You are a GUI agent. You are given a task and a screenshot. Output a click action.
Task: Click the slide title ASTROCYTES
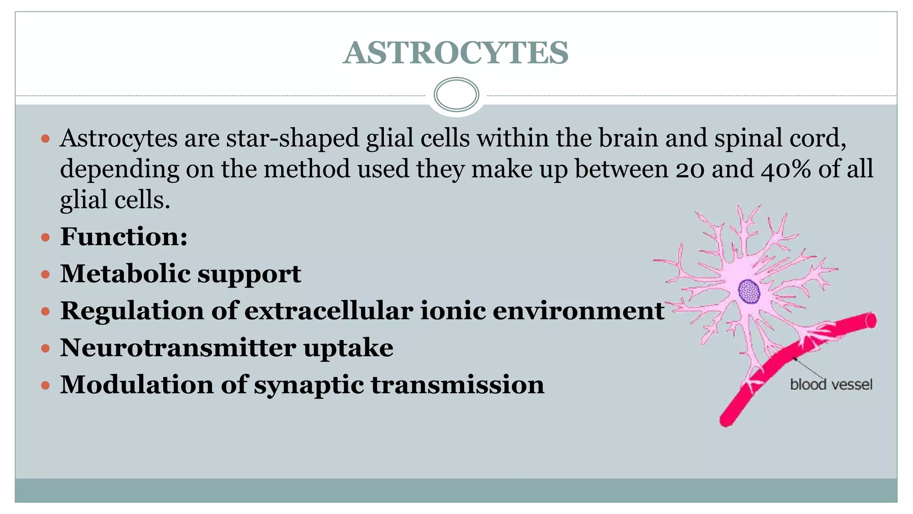tap(456, 53)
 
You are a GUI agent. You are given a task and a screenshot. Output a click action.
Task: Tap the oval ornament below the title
tap(456, 95)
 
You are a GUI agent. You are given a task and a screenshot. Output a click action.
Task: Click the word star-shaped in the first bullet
tap(292, 138)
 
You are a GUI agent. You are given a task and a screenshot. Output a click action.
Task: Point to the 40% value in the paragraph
tap(786, 169)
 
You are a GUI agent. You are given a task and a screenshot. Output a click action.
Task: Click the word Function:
tap(124, 236)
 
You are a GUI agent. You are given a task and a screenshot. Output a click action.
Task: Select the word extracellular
tap(329, 311)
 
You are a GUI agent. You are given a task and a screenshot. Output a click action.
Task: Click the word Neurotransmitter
tap(178, 348)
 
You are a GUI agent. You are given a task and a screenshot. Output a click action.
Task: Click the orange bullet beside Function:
tap(45, 237)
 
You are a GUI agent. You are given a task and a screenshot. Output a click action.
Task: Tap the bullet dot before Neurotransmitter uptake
tap(45, 348)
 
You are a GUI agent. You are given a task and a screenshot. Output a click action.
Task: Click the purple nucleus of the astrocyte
tap(749, 291)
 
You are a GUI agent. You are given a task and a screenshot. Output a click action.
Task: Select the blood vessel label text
tap(831, 384)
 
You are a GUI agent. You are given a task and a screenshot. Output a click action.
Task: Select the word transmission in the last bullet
tap(457, 385)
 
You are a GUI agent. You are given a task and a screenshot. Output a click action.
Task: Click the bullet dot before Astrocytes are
tap(45, 139)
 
